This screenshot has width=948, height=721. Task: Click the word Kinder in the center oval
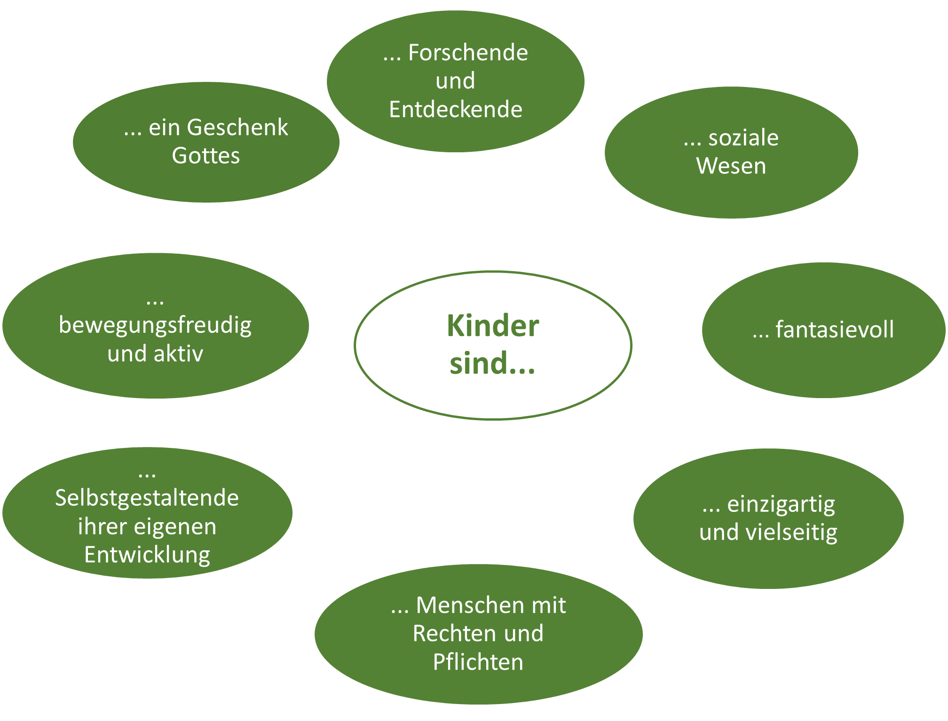492,326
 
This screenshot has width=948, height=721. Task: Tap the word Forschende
468,53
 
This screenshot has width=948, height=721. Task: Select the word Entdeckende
456,110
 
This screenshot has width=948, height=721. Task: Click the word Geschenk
237,128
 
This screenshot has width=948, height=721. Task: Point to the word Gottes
206,156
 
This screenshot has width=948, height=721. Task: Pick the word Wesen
731,166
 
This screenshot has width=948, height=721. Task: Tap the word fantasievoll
835,329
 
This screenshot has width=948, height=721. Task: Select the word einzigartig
781,505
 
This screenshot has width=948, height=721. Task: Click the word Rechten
451,634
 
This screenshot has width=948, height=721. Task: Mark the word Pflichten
478,662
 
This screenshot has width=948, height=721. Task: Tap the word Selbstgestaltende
147,498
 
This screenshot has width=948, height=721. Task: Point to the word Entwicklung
147,555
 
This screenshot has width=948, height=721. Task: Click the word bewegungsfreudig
155,326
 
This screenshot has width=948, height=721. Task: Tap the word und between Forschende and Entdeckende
455,81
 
